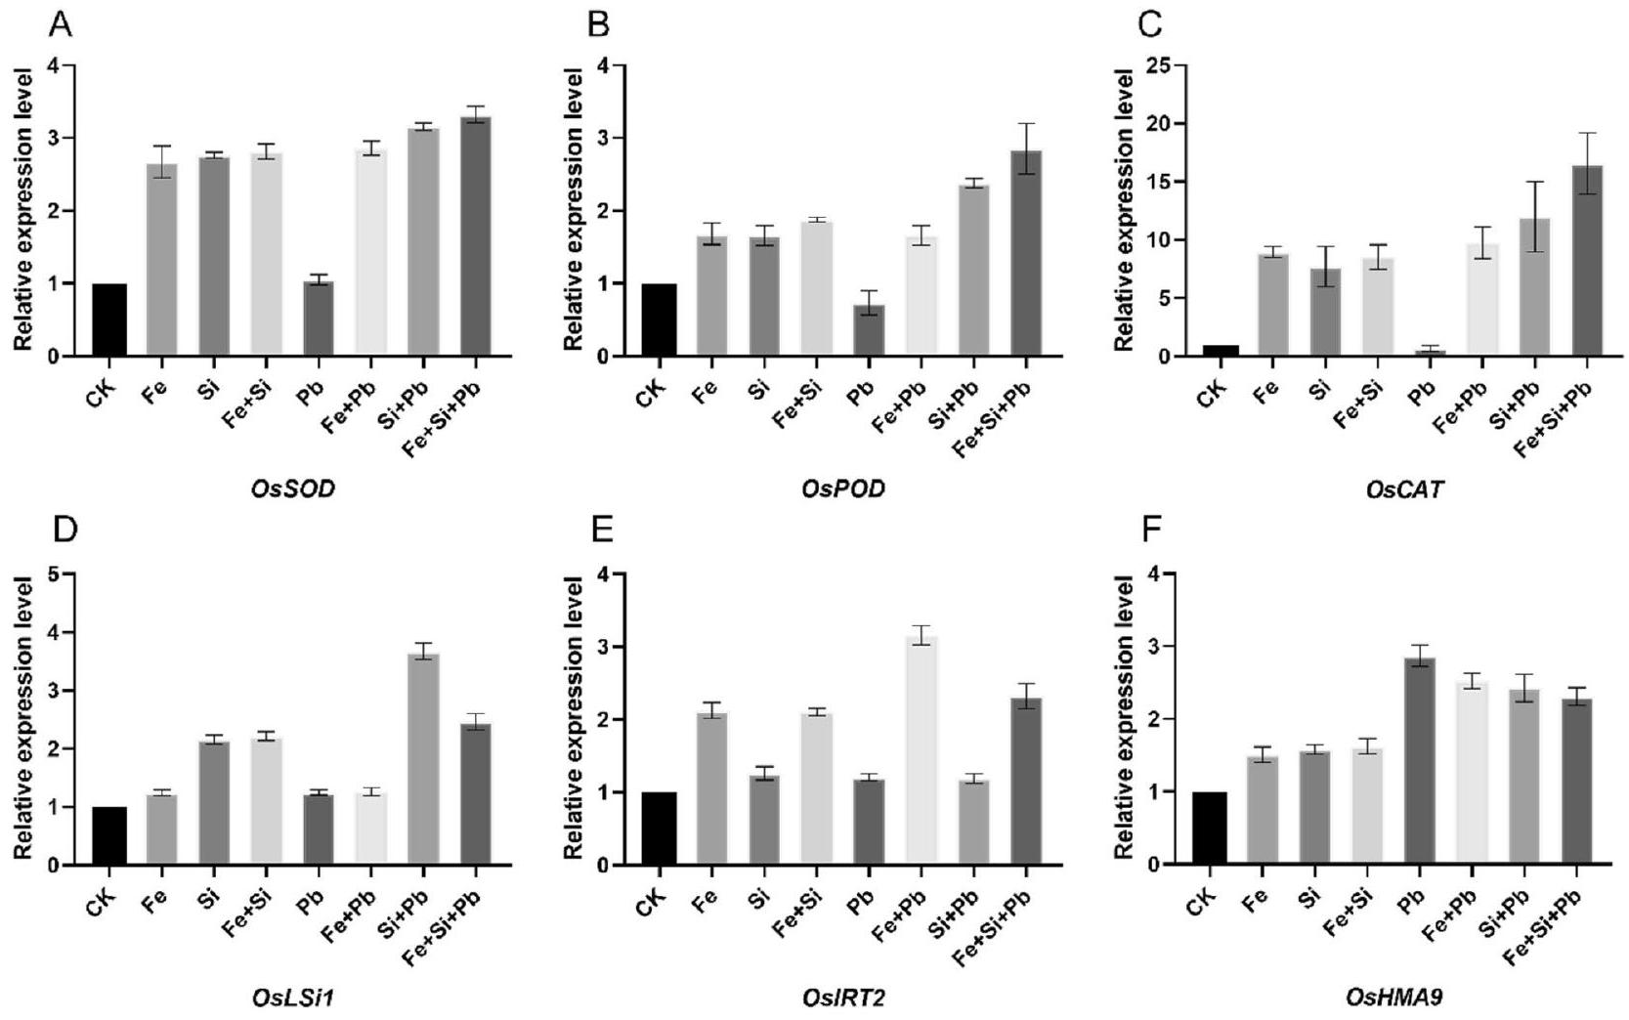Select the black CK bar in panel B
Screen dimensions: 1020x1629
click(x=659, y=319)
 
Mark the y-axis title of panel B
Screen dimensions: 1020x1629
click(x=574, y=210)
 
